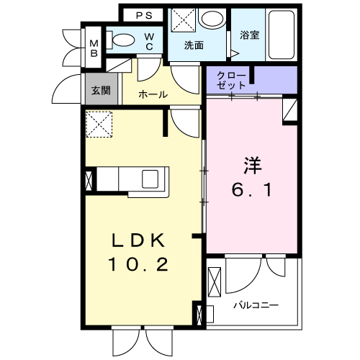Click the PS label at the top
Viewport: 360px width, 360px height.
pyautogui.click(x=145, y=14)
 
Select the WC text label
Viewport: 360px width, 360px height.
pyautogui.click(x=148, y=41)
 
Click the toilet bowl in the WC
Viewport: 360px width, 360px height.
pyautogui.click(x=125, y=41)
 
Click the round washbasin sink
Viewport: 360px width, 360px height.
pyautogui.click(x=211, y=19)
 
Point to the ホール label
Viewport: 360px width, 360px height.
pyautogui.click(x=153, y=94)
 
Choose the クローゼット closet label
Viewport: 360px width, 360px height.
pyautogui.click(x=232, y=80)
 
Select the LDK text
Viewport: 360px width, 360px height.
pyautogui.click(x=138, y=240)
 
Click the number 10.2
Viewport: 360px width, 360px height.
pyautogui.click(x=138, y=264)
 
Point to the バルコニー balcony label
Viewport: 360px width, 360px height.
pyautogui.click(x=255, y=305)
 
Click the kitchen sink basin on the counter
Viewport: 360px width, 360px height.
pyautogui.click(x=153, y=178)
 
